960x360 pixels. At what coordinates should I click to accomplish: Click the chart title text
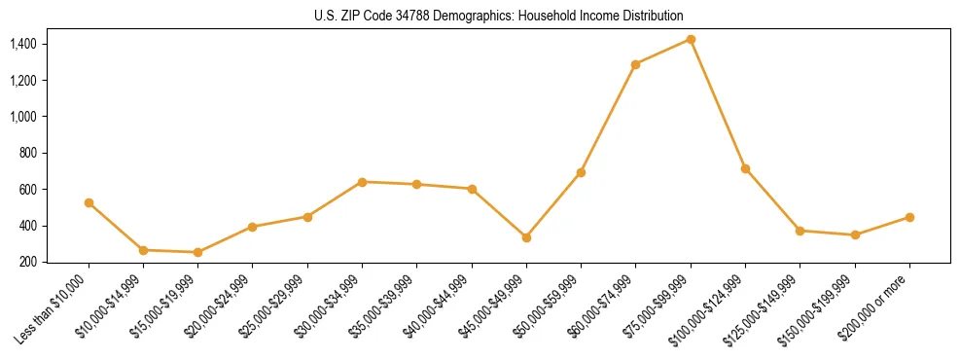click(499, 16)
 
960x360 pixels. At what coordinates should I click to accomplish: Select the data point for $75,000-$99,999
click(691, 39)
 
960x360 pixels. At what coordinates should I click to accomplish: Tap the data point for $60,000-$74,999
click(635, 64)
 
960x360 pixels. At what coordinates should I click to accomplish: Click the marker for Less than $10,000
click(89, 202)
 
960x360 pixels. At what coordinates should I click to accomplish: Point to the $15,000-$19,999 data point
click(197, 252)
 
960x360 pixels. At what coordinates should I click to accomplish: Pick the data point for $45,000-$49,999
click(526, 237)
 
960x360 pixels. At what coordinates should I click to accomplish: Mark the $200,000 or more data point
click(909, 217)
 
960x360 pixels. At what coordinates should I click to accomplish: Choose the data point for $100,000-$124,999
click(745, 168)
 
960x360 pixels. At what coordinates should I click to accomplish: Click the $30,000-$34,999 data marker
click(362, 182)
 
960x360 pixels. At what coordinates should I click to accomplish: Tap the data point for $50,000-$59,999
click(581, 172)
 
